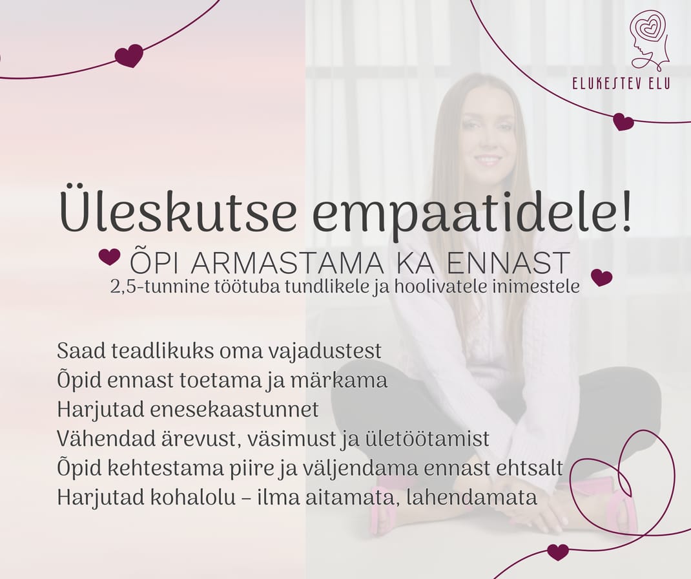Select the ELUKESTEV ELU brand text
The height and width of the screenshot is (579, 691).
[x=621, y=83]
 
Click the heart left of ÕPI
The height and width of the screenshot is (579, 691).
[x=110, y=257]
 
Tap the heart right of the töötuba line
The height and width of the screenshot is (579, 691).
[x=601, y=278]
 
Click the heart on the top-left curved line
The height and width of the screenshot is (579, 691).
[x=129, y=56]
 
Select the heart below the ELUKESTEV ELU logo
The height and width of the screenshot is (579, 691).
[x=624, y=122]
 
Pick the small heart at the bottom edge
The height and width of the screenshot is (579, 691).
[x=558, y=552]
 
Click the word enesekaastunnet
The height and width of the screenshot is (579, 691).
[x=234, y=410]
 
